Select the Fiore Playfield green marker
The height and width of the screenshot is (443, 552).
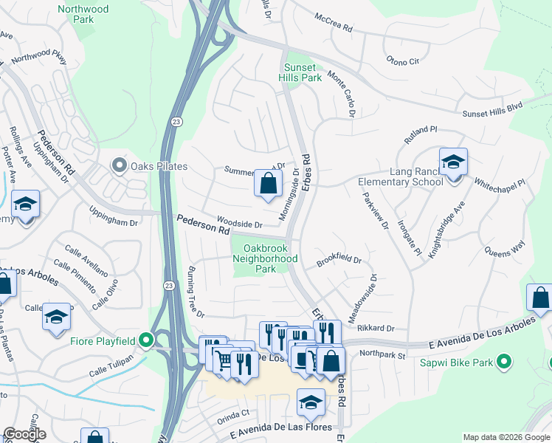coord(146,341)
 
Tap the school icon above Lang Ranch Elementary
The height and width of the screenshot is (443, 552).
coord(452,162)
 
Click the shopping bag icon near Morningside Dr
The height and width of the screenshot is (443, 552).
coord(268,183)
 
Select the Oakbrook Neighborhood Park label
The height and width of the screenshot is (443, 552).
coord(265,258)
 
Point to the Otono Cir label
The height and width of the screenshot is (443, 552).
coord(403,61)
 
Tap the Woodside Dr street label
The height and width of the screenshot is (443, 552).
coord(239,224)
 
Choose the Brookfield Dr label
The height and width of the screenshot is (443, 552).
coord(339,261)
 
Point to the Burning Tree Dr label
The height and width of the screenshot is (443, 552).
coord(195,292)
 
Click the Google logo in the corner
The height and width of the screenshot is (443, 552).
coord(24,434)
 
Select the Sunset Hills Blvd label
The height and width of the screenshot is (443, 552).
coord(492,111)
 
